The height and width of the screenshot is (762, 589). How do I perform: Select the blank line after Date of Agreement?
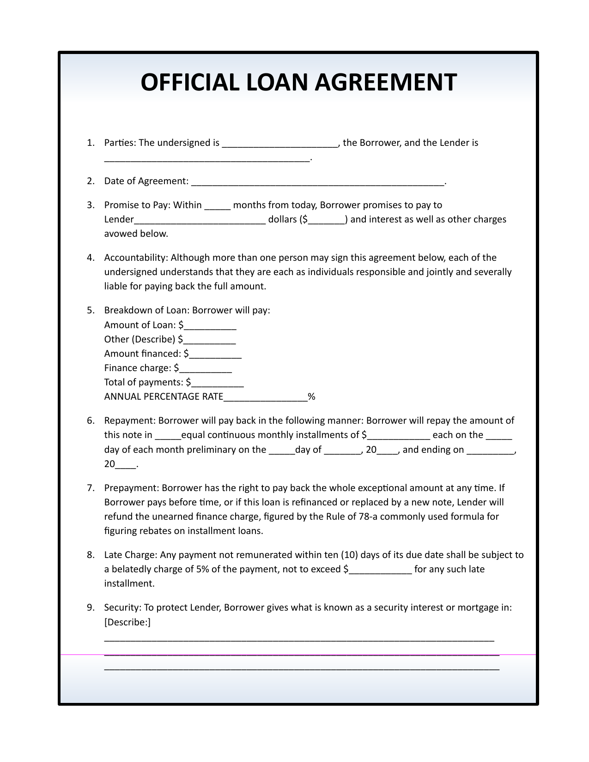click(x=317, y=182)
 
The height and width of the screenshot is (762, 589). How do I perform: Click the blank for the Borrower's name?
click(x=280, y=144)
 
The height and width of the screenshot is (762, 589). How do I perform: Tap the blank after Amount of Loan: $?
click(x=210, y=326)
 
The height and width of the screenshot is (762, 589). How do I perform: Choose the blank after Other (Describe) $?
click(x=210, y=340)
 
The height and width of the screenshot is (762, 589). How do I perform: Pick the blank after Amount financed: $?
click(x=215, y=354)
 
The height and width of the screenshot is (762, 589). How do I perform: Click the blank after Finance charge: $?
click(x=206, y=369)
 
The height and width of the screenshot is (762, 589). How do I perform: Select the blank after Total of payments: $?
click(x=218, y=383)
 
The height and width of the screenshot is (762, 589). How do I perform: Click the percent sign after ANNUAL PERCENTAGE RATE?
click(x=311, y=397)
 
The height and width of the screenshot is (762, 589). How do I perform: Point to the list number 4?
click(x=90, y=258)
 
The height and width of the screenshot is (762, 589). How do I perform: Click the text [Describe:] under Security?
click(x=128, y=622)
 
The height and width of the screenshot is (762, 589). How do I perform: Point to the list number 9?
click(x=90, y=607)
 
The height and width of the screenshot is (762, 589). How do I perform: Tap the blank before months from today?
click(x=217, y=206)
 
